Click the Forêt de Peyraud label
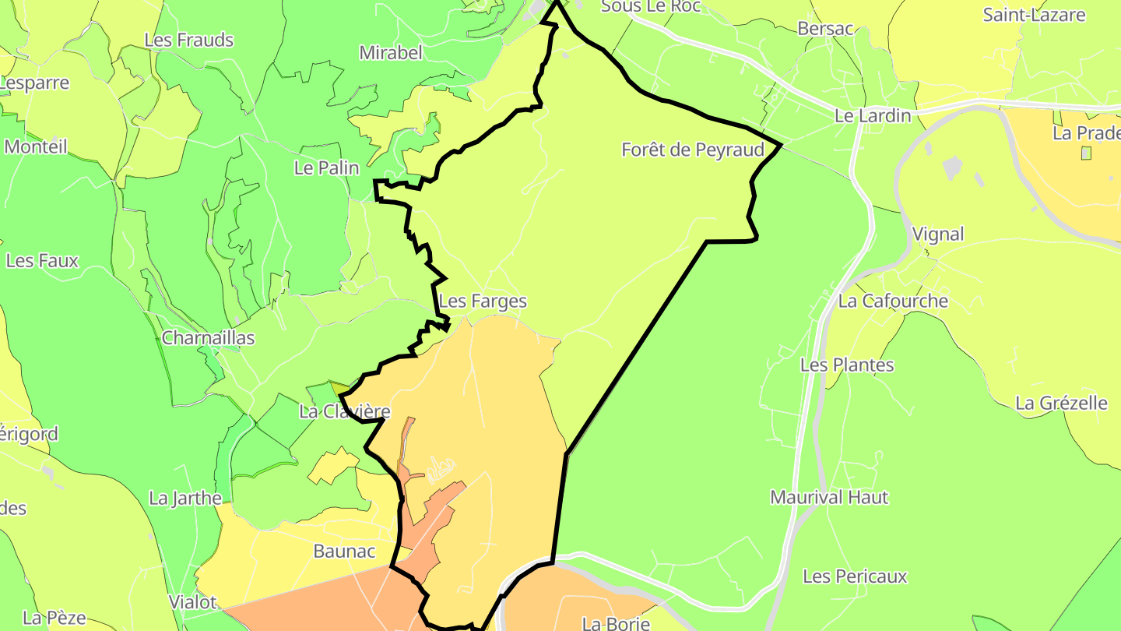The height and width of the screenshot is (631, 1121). coord(692,150)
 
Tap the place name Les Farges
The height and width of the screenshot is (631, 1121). coord(483,301)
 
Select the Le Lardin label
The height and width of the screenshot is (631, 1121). coord(872,116)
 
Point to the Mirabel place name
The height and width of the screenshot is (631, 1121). coord(390,53)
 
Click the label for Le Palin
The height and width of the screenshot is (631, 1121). coord(326,167)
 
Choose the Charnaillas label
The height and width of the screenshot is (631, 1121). coord(208,338)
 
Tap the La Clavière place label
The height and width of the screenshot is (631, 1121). coord(344,411)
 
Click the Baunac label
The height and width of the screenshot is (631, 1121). coord(344,552)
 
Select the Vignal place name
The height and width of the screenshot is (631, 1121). coord(937,234)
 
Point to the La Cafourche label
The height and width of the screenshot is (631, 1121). coord(893,301)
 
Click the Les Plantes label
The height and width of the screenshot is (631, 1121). coord(847,365)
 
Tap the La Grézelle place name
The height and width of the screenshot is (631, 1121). coord(1061,403)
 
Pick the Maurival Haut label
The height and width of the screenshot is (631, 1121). coord(829,497)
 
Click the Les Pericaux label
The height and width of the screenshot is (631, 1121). coord(855,576)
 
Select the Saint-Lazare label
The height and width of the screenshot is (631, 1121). coord(1033,14)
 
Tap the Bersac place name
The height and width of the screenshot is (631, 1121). coord(825,29)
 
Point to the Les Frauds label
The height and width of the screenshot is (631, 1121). coord(189,40)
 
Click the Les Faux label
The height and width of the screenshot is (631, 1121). coord(42,260)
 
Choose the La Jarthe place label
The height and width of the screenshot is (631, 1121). coord(185,498)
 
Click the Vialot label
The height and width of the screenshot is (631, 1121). coord(192,602)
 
